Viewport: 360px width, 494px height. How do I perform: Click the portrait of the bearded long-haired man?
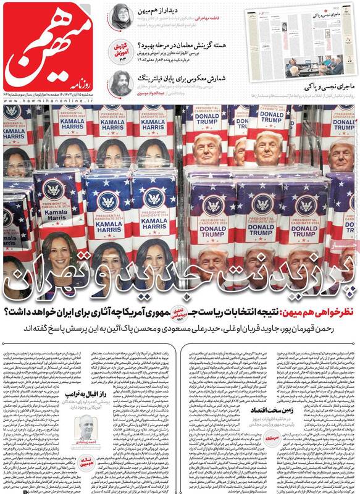pos(120,84)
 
